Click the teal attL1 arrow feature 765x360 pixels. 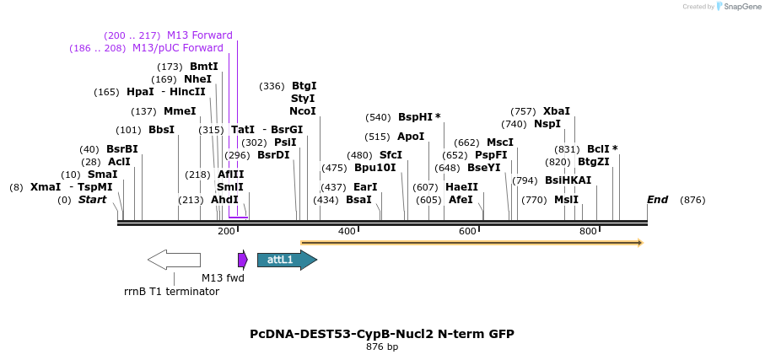pyautogui.click(x=286, y=260)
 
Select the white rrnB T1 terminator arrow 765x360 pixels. pyautogui.click(x=174, y=260)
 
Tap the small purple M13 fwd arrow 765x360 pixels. pyautogui.click(x=242, y=260)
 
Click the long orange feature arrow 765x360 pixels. pyautogui.click(x=471, y=243)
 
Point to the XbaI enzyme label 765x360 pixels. pyautogui.click(x=556, y=111)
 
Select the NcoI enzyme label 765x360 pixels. pyautogui.click(x=303, y=111)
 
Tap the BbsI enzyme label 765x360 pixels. pyautogui.click(x=161, y=130)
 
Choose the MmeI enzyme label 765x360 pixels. pyautogui.click(x=180, y=111)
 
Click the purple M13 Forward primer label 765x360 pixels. pyautogui.click(x=199, y=35)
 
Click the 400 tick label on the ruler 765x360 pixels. pyautogui.click(x=347, y=231)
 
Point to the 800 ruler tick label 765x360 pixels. pyautogui.click(x=588, y=231)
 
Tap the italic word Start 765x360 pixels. pyautogui.click(x=93, y=200)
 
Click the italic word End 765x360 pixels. pyautogui.click(x=657, y=200)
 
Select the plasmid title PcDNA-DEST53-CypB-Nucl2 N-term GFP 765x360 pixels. pyautogui.click(x=381, y=334)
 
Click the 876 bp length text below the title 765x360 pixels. pyautogui.click(x=381, y=347)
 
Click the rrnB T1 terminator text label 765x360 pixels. pyautogui.click(x=171, y=292)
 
